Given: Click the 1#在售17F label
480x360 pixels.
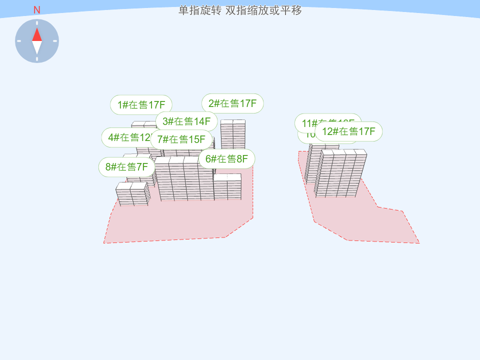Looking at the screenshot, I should (141, 105).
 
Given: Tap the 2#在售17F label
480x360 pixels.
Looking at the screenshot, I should (232, 103).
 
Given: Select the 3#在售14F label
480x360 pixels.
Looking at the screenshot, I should (186, 121).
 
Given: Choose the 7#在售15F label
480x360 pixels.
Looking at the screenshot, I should (181, 139).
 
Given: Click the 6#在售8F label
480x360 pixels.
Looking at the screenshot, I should (226, 159).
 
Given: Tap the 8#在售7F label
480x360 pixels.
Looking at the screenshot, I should (126, 167).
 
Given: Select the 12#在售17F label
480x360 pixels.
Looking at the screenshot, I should (348, 131).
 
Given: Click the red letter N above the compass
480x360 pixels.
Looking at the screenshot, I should (36, 10).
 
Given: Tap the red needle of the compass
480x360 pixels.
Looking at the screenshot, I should (37, 34).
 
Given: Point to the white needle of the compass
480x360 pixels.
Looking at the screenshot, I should (37, 47).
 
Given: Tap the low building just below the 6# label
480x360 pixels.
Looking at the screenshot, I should (227, 187).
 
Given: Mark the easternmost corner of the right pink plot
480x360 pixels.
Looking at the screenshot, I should (419, 243).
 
